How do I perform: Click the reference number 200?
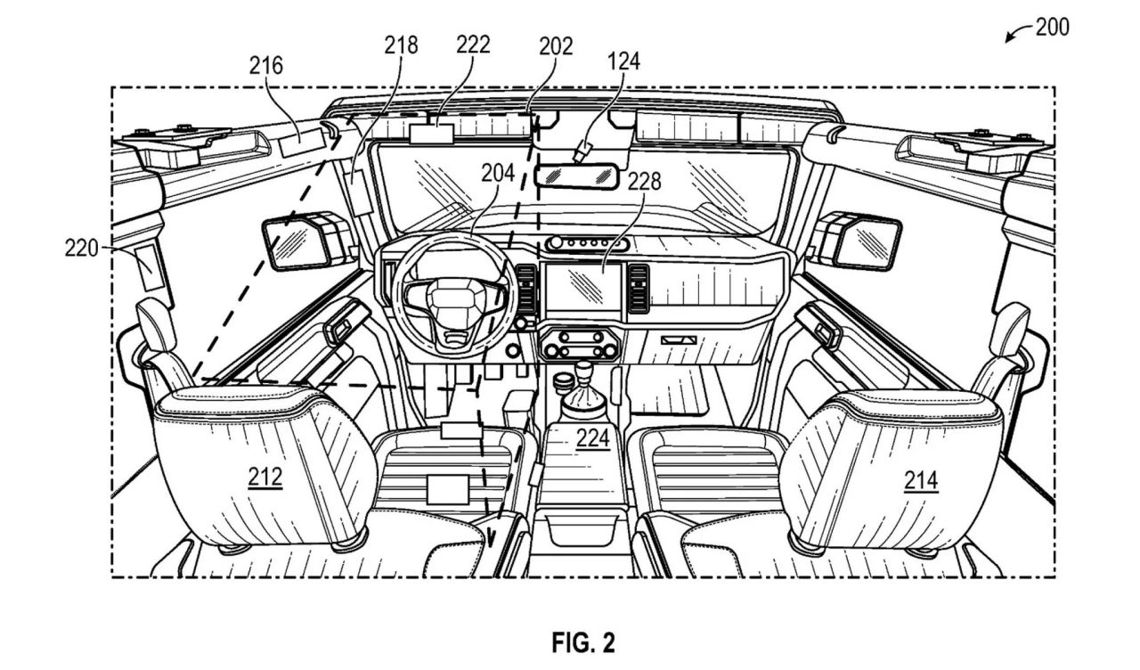pos(1053,27)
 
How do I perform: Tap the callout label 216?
pos(265,66)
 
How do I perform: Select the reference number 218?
pos(401,45)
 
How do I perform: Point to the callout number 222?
pos(473,45)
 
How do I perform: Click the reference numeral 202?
pos(557,46)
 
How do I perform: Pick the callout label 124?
pos(624,61)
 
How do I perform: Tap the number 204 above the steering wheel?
pos(498,173)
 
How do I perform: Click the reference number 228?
pos(644,181)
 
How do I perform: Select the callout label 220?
pos(81,249)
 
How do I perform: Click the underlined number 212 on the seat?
pos(265,478)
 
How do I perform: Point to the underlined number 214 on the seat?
pos(921,480)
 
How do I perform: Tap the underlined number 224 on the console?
pos(593,438)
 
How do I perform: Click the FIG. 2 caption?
pos(583,643)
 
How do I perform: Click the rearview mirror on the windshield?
pos(575,176)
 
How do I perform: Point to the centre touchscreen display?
pos(583,287)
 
